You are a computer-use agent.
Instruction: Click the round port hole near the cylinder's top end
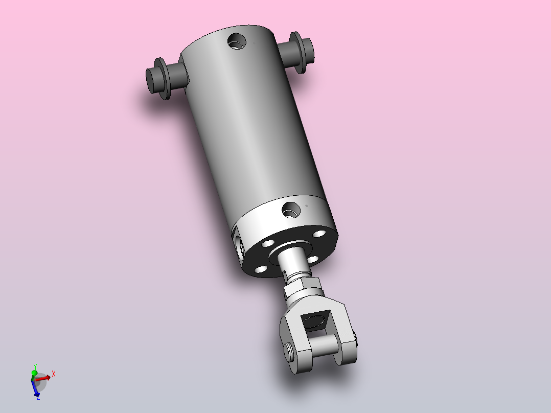[x=237, y=41]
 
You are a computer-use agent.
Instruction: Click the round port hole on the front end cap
[x=291, y=210]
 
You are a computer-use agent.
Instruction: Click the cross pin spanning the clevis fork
[x=324, y=344]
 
